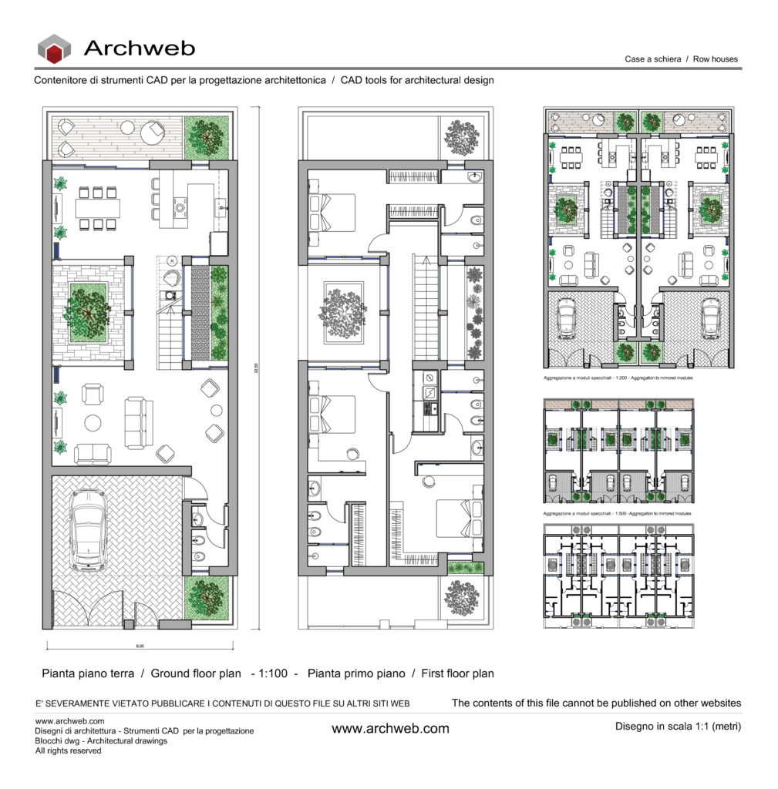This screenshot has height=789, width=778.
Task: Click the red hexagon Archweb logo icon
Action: tap(54, 49)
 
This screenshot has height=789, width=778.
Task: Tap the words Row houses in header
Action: tap(716, 59)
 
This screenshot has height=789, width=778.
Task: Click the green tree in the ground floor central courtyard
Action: tap(86, 312)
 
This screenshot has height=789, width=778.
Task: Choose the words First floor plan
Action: tap(457, 673)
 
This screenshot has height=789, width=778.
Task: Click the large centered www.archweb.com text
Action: tap(390, 728)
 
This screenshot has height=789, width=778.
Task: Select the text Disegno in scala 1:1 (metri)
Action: tap(678, 726)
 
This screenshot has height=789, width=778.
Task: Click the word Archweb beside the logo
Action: tap(139, 49)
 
